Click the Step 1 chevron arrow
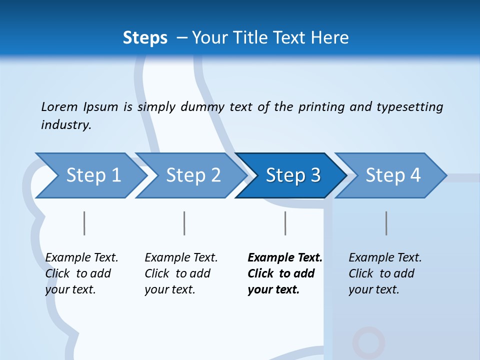[92, 175]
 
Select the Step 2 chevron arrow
[192, 175]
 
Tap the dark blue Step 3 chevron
[292, 175]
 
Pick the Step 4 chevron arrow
[392, 175]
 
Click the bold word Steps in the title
[145, 37]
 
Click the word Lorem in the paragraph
[59, 106]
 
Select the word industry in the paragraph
[66, 124]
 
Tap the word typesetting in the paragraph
[409, 106]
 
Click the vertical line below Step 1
[84, 223]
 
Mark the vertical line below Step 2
[184, 223]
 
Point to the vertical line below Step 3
[285, 223]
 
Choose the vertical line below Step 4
[386, 223]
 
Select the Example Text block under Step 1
[81, 273]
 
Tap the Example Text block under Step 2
[181, 273]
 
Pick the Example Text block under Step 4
[385, 273]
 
